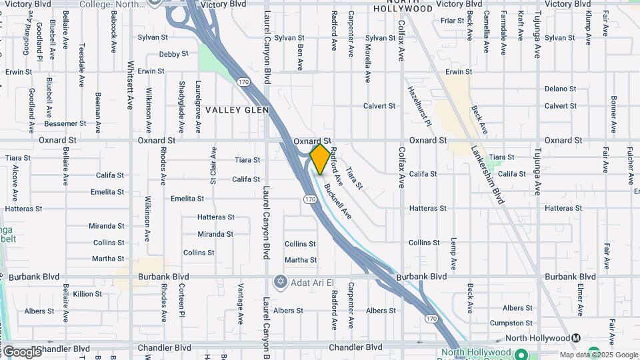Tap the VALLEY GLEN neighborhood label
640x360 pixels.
click(x=237, y=110)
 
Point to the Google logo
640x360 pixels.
click(x=21, y=351)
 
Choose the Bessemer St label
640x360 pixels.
click(x=65, y=123)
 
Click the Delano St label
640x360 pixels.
click(x=560, y=89)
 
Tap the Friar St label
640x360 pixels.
click(x=452, y=21)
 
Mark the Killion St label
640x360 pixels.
click(x=87, y=294)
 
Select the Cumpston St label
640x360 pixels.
click(x=511, y=323)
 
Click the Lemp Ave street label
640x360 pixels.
click(x=453, y=254)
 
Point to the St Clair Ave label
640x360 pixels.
click(x=213, y=165)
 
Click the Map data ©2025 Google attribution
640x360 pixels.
click(x=599, y=355)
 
